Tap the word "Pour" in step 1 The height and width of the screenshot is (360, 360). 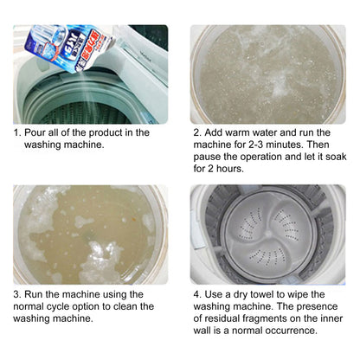click(33, 132)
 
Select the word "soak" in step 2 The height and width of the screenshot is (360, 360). click(336, 157)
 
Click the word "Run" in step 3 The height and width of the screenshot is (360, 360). click(33, 294)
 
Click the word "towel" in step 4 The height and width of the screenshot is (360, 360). click(262, 294)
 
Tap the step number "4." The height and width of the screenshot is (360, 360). click(197, 294)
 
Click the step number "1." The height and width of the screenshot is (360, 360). click(18, 132)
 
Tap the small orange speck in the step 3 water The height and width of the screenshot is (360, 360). click(133, 219)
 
